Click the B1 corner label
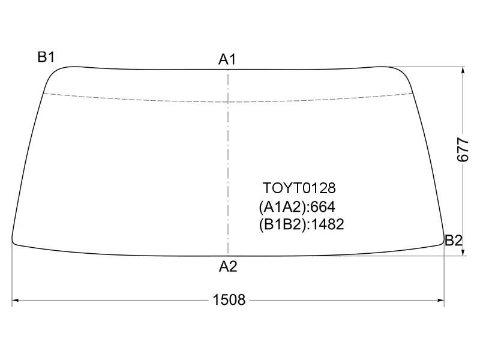point(46,57)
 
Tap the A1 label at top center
point(227,59)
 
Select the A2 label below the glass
point(228,266)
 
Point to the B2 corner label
point(454,241)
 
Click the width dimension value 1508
point(229,299)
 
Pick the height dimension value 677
point(463,149)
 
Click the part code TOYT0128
point(299,188)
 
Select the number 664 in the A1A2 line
point(323,207)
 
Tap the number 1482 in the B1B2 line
point(328,224)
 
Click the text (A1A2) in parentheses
point(283,207)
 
